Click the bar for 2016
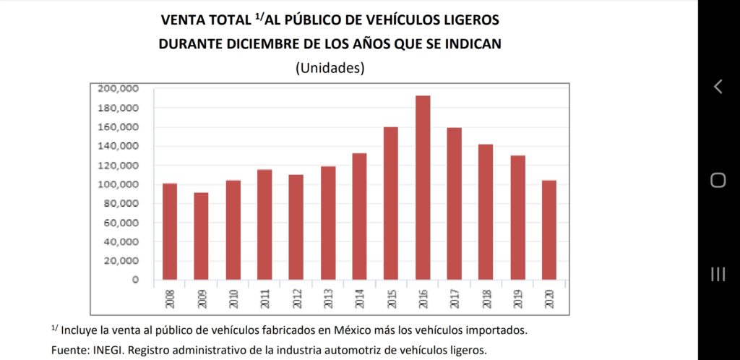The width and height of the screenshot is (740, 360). click(x=423, y=188)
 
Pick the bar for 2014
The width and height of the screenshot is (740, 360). click(x=359, y=216)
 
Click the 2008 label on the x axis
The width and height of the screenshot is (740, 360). click(x=170, y=299)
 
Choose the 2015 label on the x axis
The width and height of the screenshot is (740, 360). click(x=391, y=299)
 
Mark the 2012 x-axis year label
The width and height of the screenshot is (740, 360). click(x=296, y=299)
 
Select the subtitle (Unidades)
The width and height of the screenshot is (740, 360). click(x=330, y=68)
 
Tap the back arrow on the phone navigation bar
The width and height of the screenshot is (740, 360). click(x=718, y=87)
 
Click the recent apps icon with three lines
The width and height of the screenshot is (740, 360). click(x=718, y=273)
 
